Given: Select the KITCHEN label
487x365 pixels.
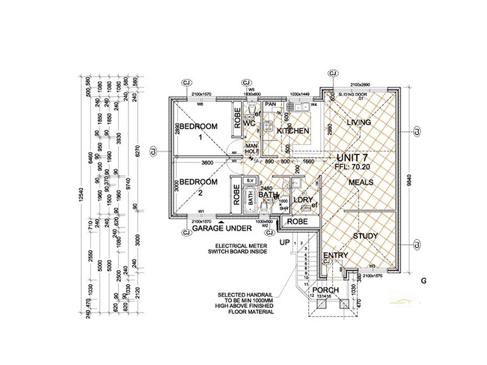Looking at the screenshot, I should click(x=293, y=131).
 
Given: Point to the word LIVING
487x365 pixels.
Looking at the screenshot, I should click(x=359, y=123).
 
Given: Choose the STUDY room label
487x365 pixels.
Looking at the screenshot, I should click(x=365, y=236).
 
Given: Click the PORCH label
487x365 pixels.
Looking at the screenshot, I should click(x=325, y=290).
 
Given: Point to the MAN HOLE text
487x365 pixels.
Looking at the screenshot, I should click(x=252, y=149).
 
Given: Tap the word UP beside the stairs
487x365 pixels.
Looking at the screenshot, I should click(x=284, y=243).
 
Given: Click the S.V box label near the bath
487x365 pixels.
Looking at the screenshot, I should click(x=249, y=181).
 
